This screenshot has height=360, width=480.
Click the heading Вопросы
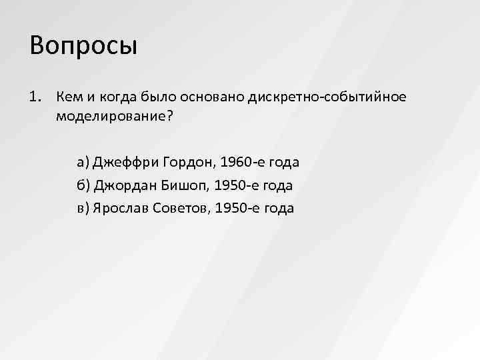(83, 46)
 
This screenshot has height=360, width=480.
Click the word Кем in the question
(69, 97)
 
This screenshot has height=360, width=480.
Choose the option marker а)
(83, 162)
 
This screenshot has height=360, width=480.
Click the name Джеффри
(125, 162)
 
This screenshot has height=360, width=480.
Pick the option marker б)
(83, 185)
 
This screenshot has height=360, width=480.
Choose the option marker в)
(83, 208)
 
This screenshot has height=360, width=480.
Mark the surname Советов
(183, 208)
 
